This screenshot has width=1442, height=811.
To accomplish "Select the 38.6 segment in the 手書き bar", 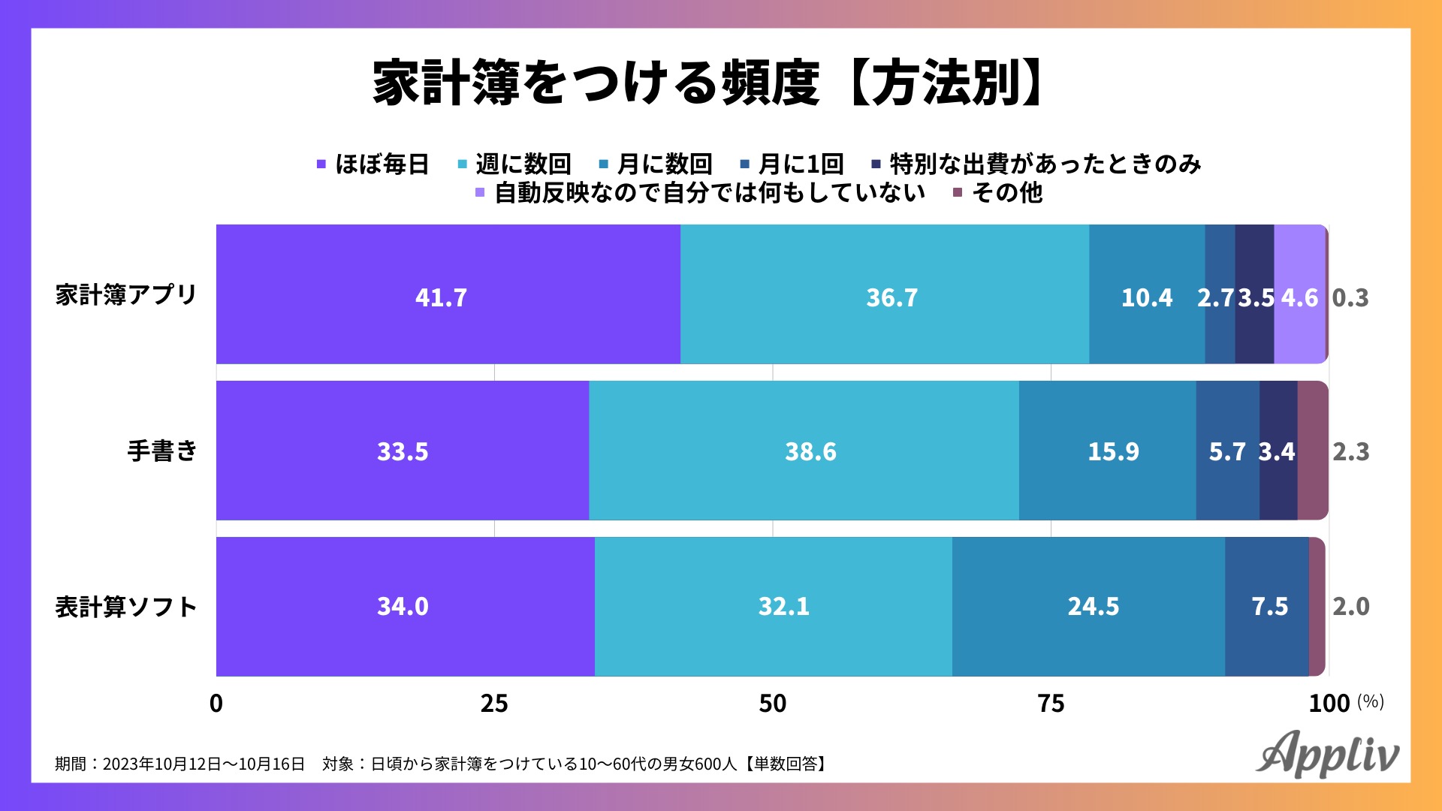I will click(x=804, y=451).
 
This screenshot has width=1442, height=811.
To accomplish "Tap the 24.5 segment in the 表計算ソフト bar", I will click(x=1088, y=607).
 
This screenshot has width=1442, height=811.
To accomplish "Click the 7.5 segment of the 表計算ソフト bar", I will click(x=1267, y=607).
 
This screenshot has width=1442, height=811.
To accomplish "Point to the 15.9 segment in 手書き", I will click(x=1107, y=451).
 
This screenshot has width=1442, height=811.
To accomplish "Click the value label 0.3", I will click(x=1350, y=298).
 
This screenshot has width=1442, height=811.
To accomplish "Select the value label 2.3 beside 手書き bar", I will click(x=1351, y=452).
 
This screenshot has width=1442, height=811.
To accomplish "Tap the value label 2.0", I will click(x=1351, y=607).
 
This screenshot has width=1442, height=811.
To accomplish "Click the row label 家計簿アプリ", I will click(x=126, y=295).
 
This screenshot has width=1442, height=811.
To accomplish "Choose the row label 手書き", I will click(x=162, y=451).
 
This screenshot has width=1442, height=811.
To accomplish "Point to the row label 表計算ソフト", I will click(x=126, y=607).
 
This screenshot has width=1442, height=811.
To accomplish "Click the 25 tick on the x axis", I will click(x=494, y=704).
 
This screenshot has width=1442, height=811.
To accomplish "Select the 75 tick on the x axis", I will click(x=1051, y=704).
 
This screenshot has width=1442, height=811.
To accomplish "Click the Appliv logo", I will click(x=1327, y=754).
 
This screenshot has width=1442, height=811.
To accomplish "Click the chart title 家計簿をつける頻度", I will click(x=595, y=83).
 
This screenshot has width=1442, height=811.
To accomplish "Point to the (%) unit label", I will click(x=1371, y=701).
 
